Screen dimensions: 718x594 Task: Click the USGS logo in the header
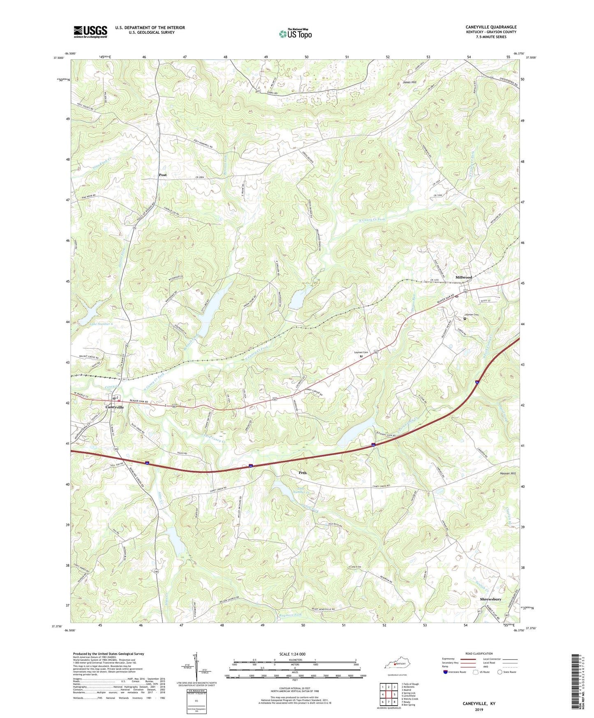tap(90, 31)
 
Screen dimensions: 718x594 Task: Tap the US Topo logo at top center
tap(295, 33)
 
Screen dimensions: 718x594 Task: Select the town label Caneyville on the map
tap(114, 407)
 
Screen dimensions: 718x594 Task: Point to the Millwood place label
tap(463, 277)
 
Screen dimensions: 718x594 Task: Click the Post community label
tap(163, 175)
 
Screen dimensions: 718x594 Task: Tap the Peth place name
tap(303, 473)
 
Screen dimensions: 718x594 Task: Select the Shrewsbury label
tap(490, 599)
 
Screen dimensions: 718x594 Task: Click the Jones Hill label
tap(409, 82)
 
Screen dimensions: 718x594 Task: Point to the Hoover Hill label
tap(508, 473)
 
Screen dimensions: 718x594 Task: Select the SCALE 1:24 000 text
tap(292, 654)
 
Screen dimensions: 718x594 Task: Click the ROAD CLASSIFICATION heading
tap(478, 653)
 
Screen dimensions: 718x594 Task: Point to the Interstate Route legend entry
tap(454, 672)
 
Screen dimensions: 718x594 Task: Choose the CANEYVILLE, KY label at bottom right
tap(479, 704)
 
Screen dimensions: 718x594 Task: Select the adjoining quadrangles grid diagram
tap(388, 695)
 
